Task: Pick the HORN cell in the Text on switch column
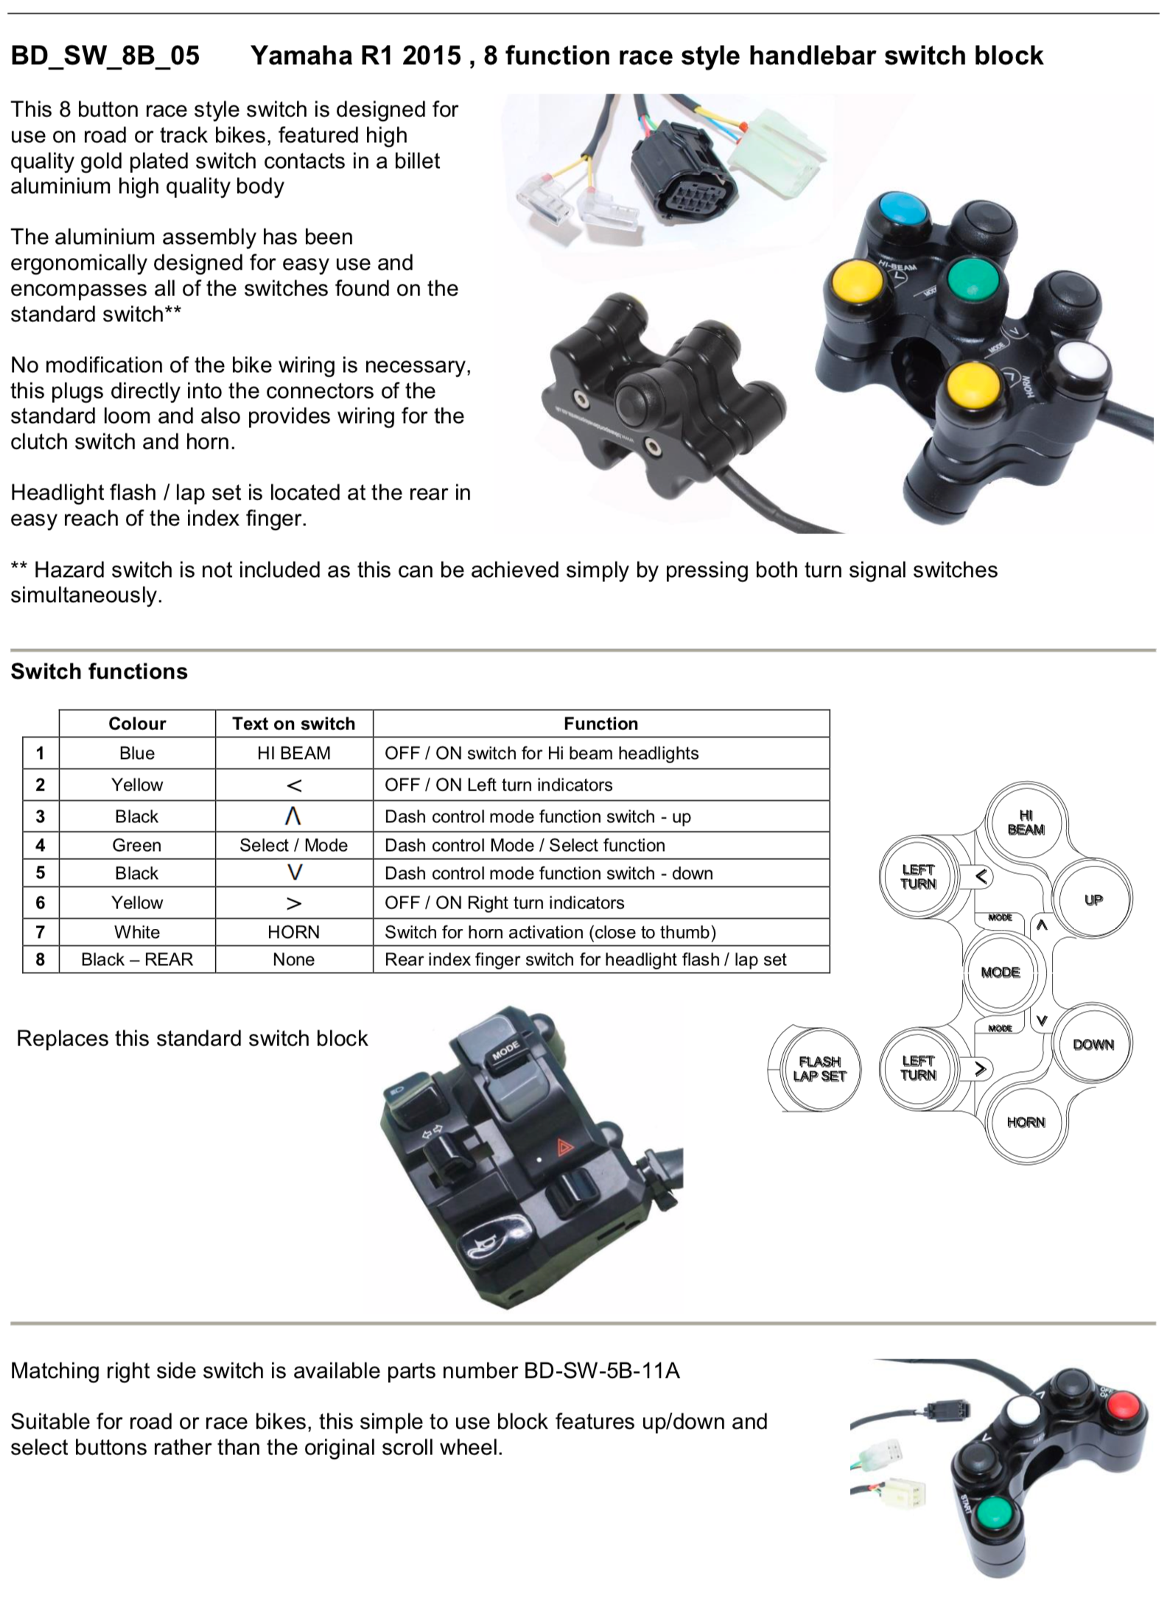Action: (x=293, y=932)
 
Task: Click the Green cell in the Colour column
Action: (x=136, y=845)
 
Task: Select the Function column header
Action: (x=600, y=724)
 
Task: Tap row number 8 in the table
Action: (x=41, y=959)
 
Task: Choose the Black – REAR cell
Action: (x=136, y=959)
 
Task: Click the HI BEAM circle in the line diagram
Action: (x=1026, y=822)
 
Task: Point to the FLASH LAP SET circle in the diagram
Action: (x=819, y=1068)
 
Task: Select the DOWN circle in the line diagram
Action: (x=1093, y=1044)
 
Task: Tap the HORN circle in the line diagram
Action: (x=1026, y=1122)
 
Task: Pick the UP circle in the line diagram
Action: (x=1093, y=900)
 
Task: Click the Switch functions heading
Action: (x=99, y=671)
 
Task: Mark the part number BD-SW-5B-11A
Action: (x=601, y=1370)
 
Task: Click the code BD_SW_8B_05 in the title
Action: (x=105, y=56)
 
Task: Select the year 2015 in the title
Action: (x=431, y=56)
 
